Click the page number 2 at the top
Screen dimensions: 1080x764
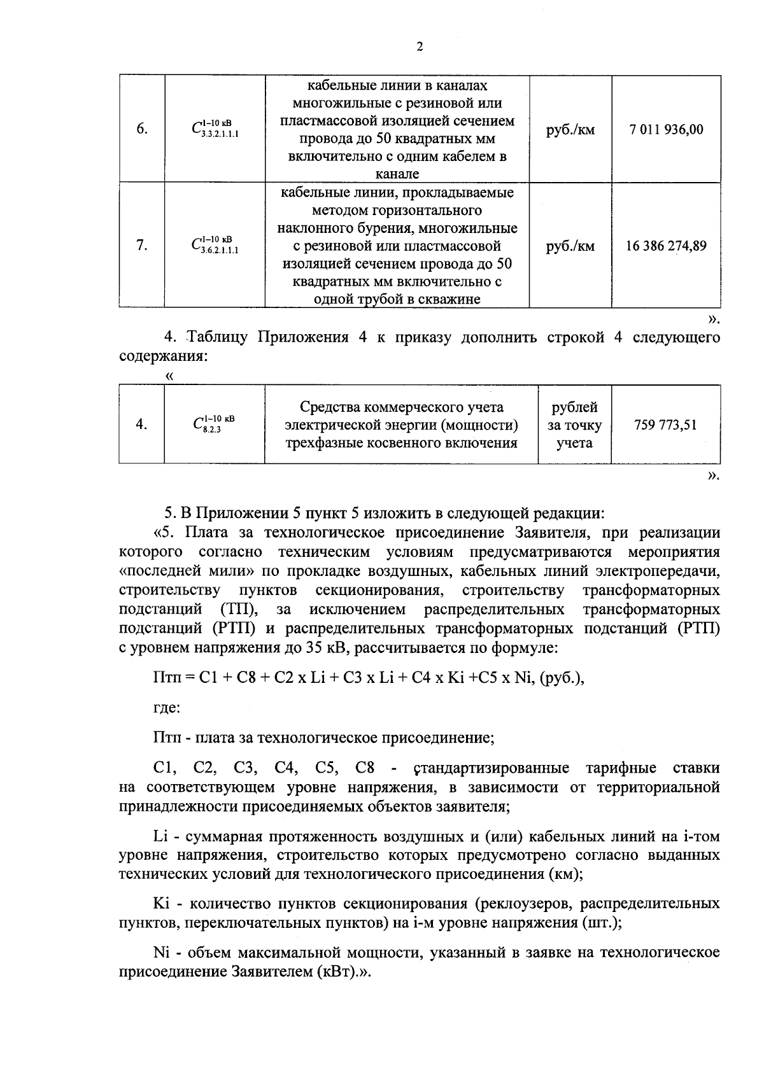pos(419,46)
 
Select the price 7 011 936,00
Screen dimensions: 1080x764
pos(666,130)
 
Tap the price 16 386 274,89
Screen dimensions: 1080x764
pos(666,246)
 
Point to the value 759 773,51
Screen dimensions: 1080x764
pos(665,424)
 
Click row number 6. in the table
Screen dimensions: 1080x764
pos(142,129)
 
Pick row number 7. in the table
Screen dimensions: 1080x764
pos(142,246)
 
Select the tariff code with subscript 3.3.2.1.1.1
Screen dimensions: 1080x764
pos(215,129)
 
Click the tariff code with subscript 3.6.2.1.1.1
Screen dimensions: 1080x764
pos(215,246)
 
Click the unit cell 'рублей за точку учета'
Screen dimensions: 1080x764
pos(574,424)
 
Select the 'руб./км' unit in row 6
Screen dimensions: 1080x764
pos(570,130)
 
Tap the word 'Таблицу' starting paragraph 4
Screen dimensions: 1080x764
pos(217,337)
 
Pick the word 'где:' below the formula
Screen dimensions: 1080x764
pos(166,707)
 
